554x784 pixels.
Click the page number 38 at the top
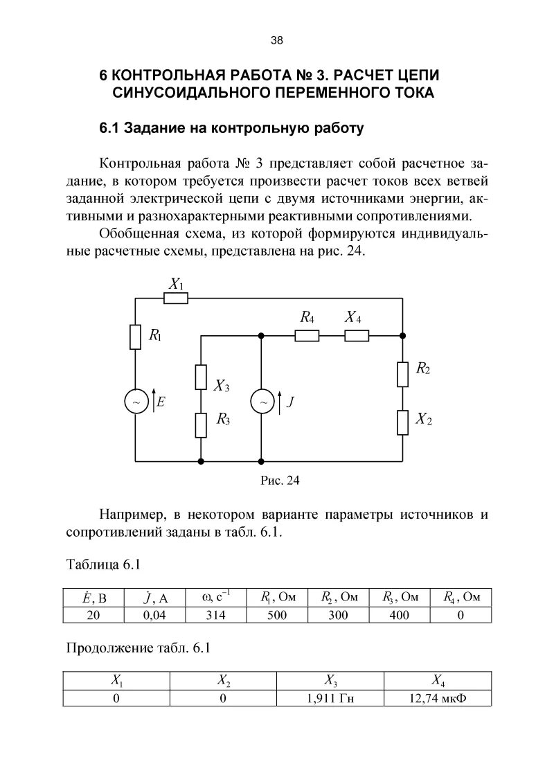coord(276,40)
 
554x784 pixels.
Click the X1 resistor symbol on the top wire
coord(176,299)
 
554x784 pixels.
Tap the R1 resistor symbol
coord(135,337)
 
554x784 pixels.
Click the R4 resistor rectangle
coord(307,336)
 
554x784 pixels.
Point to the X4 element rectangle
coord(357,336)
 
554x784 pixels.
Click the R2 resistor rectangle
coord(402,374)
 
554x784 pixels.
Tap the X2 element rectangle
coord(402,422)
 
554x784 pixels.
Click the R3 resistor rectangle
coord(201,425)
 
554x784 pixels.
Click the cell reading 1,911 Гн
coord(330,698)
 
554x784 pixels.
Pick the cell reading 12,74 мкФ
coord(438,698)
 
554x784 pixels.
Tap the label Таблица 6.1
coord(103,564)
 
